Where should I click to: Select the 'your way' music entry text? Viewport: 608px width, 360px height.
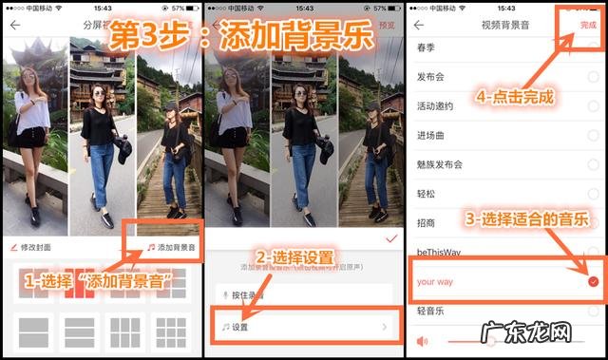(x=437, y=282)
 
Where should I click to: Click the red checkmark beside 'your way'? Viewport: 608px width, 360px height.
(x=593, y=282)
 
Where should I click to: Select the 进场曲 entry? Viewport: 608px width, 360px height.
(x=432, y=136)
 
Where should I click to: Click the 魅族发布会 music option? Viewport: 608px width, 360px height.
(x=440, y=164)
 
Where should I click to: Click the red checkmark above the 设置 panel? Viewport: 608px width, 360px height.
(x=389, y=239)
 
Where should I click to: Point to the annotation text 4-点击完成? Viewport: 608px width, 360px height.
(x=514, y=96)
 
